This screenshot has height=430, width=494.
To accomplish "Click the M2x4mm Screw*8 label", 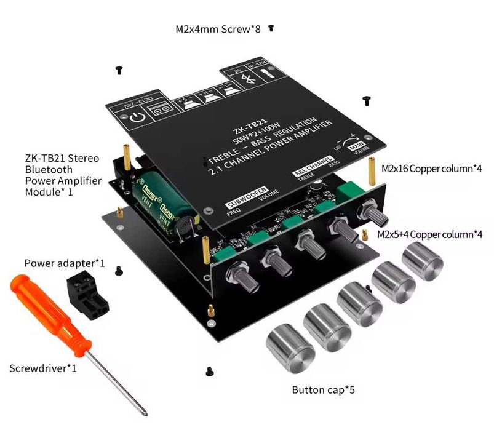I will [219, 29].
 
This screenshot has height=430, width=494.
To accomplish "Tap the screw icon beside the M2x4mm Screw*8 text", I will [271, 28].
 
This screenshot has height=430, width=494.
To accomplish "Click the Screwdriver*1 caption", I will [43, 368].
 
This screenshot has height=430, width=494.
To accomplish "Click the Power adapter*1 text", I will [65, 263].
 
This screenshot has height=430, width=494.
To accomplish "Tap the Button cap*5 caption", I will [324, 390].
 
